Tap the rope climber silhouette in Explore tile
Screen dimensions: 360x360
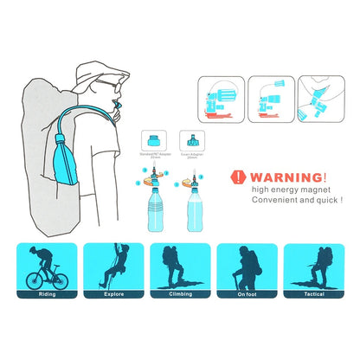(x=116, y=265)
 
